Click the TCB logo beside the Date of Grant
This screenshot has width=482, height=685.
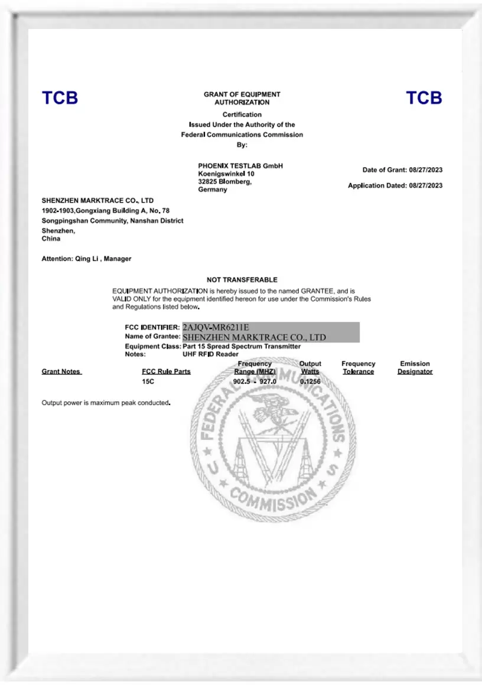point(424,98)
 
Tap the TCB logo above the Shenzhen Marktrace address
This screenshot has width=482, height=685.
point(60,98)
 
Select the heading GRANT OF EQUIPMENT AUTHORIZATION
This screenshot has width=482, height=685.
point(242,98)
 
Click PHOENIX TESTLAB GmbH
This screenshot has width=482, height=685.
point(240,166)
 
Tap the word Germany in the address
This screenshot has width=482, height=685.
point(213,190)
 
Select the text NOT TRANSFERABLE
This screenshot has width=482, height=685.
point(242,279)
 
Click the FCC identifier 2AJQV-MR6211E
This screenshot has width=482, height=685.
point(216,327)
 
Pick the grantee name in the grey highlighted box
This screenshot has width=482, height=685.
point(254,337)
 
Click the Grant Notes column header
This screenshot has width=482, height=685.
point(61,371)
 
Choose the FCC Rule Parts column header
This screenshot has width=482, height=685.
point(166,371)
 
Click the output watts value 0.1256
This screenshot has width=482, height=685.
point(310,382)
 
